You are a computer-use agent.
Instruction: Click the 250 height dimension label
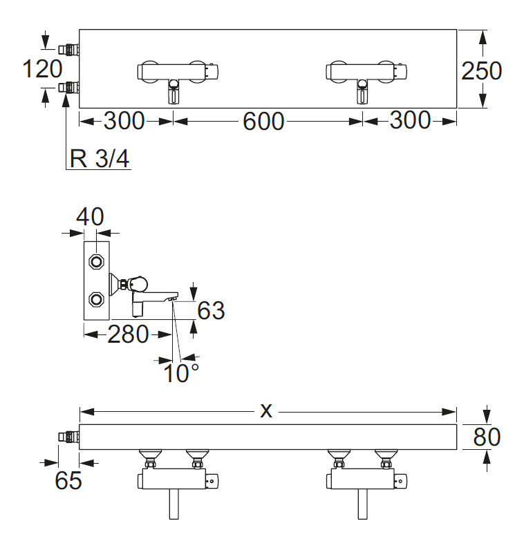point(481,70)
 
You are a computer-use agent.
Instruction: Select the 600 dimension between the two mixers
point(263,122)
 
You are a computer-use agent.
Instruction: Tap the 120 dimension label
point(42,69)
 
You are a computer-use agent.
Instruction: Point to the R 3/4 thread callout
point(100,159)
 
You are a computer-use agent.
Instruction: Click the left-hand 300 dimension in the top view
point(124,121)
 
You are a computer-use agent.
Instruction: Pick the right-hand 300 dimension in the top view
point(410,121)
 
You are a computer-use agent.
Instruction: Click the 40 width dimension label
point(91,216)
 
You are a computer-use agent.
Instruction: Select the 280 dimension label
point(128,335)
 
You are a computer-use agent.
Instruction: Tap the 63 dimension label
point(211,310)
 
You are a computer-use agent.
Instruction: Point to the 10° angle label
point(181,373)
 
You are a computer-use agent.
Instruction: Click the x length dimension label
point(266,411)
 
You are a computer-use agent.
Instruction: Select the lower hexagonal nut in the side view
point(97,299)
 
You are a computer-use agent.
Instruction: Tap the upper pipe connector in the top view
point(69,49)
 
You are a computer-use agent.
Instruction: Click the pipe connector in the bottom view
point(69,436)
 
